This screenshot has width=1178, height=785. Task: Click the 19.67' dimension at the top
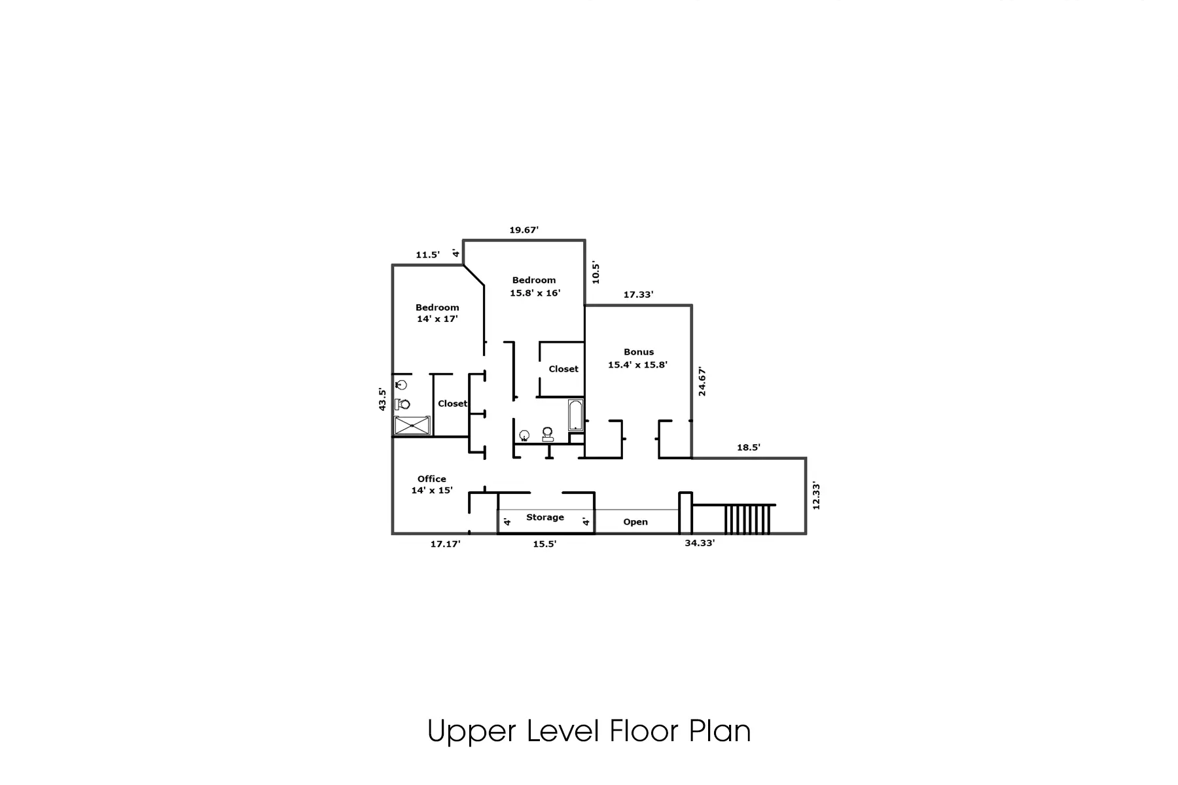(524, 230)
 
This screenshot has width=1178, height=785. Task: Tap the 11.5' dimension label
(427, 254)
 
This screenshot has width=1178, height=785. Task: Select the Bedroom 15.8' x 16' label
(535, 287)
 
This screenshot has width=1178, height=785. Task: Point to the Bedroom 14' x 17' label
(437, 313)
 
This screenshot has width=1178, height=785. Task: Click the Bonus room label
(638, 358)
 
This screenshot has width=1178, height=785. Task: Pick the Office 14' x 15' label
(432, 484)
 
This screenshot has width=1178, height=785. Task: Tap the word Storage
(545, 517)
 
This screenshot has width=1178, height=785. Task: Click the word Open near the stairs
(635, 522)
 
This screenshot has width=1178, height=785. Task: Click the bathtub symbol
(576, 415)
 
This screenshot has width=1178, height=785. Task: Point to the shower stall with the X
(412, 425)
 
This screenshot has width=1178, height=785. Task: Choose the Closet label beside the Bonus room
(563, 369)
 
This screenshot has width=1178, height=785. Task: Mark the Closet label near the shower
(453, 404)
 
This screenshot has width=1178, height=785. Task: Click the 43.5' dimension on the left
(382, 399)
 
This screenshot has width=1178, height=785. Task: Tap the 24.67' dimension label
(702, 381)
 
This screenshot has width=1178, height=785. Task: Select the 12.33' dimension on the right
(815, 496)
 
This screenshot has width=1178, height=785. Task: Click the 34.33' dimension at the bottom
(700, 543)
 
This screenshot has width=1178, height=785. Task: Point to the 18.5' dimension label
(749, 447)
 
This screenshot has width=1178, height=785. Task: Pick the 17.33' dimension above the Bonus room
(638, 294)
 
